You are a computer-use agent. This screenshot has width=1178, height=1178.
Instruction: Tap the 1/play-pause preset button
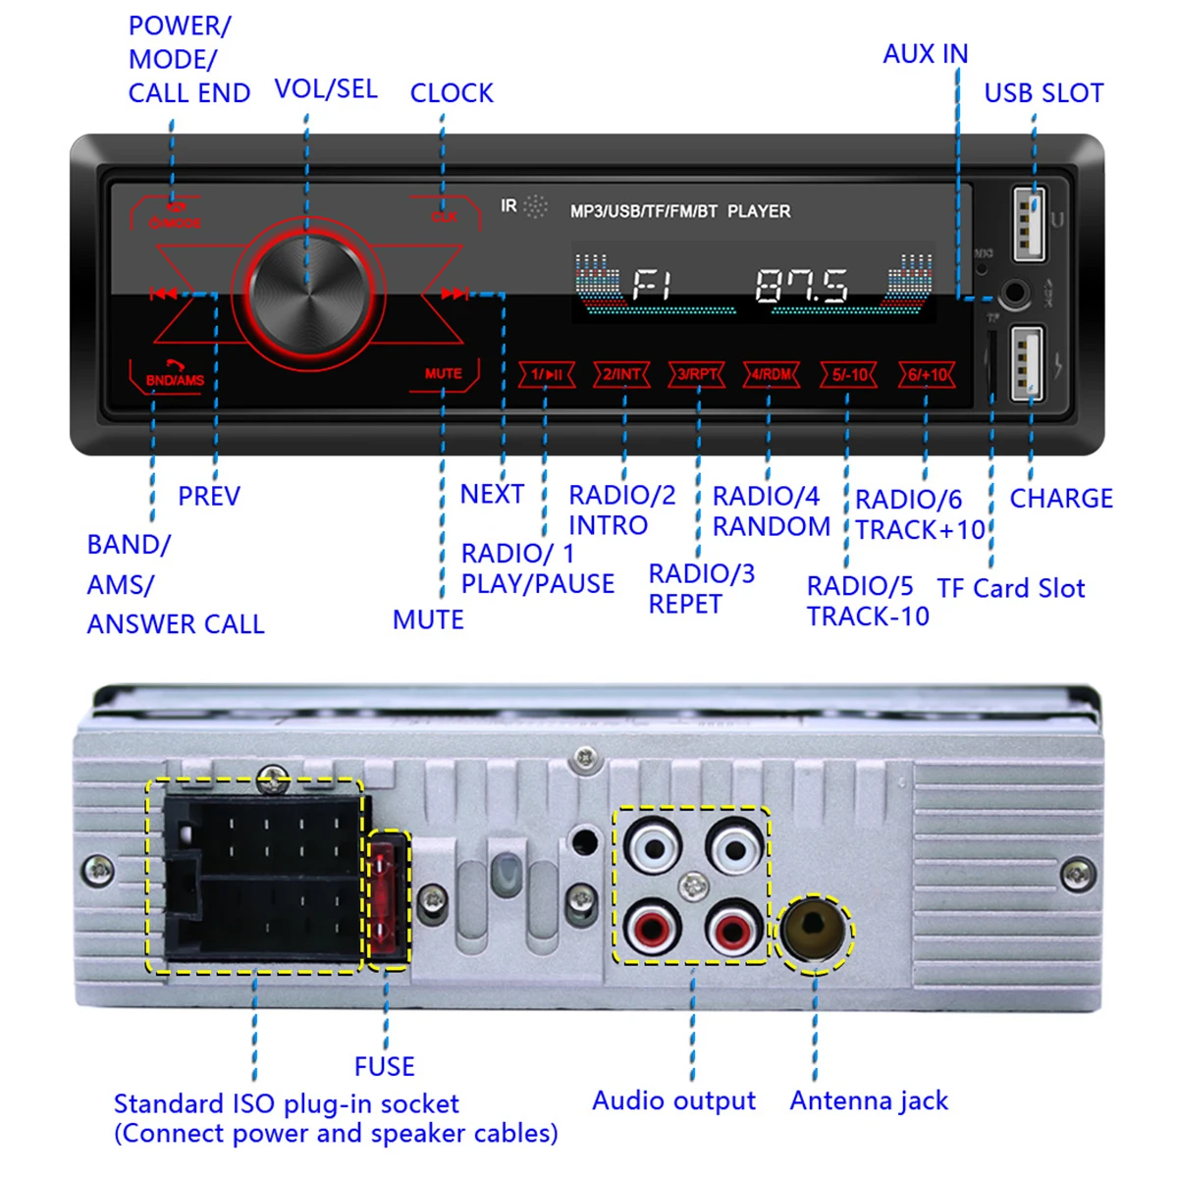(547, 374)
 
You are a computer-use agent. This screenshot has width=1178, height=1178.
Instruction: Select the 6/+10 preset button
(927, 374)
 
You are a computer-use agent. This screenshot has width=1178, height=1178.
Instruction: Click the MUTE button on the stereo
(444, 374)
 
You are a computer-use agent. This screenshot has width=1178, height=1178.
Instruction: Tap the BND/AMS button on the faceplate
(175, 378)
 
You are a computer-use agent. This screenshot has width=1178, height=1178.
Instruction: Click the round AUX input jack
(1014, 293)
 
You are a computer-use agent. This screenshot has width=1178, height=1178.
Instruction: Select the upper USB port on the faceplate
(1027, 224)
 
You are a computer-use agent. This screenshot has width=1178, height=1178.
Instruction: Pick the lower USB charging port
(1027, 362)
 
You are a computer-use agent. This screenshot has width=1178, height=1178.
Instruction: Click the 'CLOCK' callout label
(452, 93)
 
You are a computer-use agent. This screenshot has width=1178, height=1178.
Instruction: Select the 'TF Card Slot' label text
(1011, 589)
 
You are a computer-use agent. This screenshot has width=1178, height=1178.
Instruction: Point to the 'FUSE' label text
(385, 1066)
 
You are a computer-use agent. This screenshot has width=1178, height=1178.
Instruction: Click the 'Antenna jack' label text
(869, 1101)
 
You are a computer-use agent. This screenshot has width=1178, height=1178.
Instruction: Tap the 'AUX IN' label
(925, 54)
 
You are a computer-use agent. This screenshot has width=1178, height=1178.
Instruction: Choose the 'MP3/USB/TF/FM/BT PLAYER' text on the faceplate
(680, 211)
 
